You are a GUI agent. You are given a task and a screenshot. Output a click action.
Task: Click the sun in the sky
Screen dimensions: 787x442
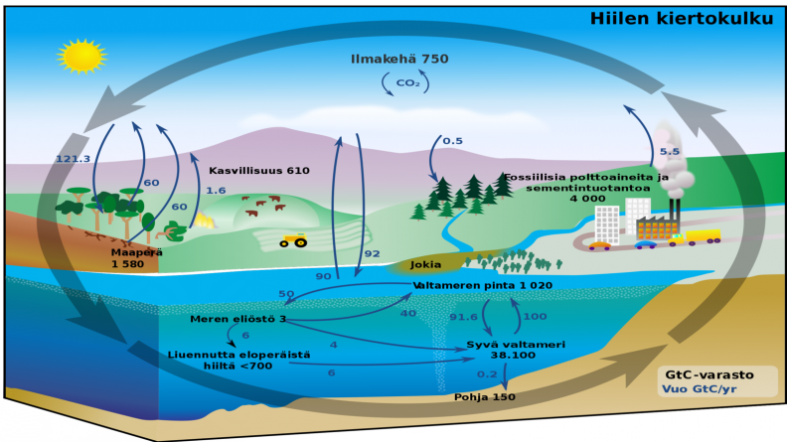pyautogui.click(x=81, y=56)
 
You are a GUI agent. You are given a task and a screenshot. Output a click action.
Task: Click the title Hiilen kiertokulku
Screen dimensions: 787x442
pyautogui.click(x=682, y=19)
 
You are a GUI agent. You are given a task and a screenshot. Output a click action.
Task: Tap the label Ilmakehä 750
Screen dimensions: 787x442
pyautogui.click(x=399, y=59)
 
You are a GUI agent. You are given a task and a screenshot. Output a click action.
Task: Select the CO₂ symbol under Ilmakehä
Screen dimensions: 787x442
pyautogui.click(x=407, y=82)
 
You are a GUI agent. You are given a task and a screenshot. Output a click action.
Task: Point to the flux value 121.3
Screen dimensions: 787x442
pyautogui.click(x=73, y=159)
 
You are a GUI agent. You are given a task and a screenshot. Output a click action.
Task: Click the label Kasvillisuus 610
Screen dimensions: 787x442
pyautogui.click(x=259, y=171)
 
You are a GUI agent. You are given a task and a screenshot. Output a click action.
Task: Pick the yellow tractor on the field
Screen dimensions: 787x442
pyautogui.click(x=293, y=240)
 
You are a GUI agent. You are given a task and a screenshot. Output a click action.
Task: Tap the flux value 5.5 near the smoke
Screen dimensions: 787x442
pyautogui.click(x=670, y=152)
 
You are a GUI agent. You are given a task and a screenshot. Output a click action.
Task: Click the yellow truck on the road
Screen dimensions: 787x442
pyautogui.click(x=696, y=237)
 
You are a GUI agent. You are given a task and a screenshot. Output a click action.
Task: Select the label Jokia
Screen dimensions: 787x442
pyautogui.click(x=425, y=265)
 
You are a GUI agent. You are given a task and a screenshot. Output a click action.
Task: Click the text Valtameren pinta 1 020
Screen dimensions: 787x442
pyautogui.click(x=482, y=285)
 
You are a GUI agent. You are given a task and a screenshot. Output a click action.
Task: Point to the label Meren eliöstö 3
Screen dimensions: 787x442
pyautogui.click(x=237, y=319)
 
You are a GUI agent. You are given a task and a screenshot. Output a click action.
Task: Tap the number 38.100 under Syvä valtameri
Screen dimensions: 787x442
pyautogui.click(x=513, y=356)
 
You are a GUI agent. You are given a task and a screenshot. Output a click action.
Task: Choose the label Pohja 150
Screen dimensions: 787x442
pyautogui.click(x=485, y=397)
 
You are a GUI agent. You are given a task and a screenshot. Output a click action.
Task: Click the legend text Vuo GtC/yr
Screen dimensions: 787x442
pyautogui.click(x=700, y=389)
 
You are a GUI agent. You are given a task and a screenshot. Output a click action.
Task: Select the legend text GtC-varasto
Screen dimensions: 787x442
pyautogui.click(x=709, y=374)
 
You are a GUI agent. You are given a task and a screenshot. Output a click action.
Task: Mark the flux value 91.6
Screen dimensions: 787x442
pyautogui.click(x=463, y=317)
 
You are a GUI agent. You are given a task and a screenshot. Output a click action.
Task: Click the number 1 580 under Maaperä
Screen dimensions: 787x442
pyautogui.click(x=127, y=264)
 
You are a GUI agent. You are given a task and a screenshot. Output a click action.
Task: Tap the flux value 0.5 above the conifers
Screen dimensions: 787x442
pyautogui.click(x=452, y=141)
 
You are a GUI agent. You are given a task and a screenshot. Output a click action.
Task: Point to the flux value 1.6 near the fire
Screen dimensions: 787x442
pyautogui.click(x=216, y=191)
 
